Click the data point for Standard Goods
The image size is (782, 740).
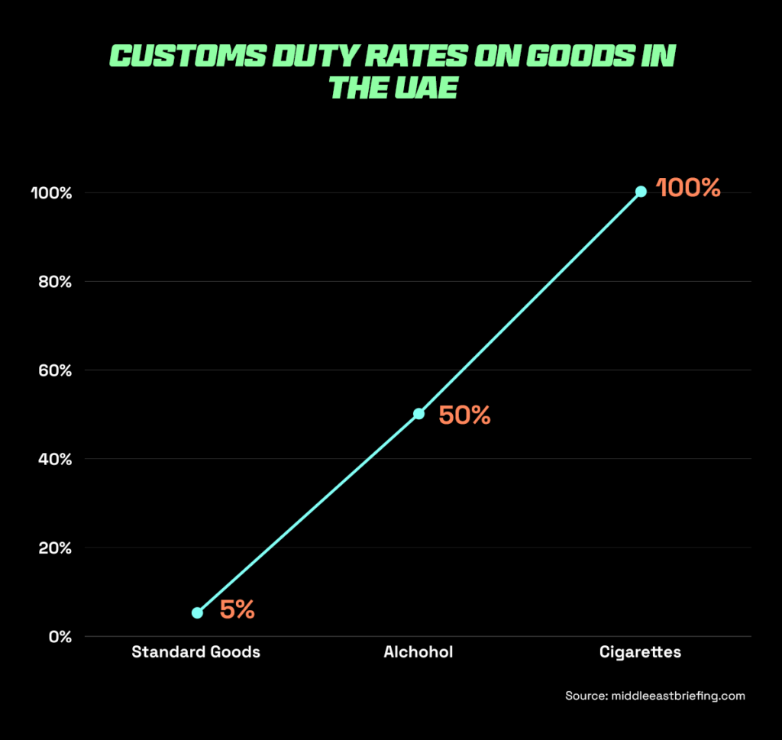197,612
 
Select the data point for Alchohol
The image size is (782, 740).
418,413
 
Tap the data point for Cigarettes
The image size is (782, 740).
641,192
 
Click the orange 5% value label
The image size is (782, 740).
237,610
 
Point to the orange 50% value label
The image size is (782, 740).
464,415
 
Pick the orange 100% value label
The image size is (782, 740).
689,189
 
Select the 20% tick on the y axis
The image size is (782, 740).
56,548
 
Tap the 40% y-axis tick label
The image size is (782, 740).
56,460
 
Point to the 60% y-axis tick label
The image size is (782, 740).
56,370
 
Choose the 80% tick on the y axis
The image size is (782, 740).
56,282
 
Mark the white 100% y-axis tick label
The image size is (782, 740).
51,193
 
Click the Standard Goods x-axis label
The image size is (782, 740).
195,652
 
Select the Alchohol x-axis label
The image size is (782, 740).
418,652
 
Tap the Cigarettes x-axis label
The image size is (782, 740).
640,652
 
